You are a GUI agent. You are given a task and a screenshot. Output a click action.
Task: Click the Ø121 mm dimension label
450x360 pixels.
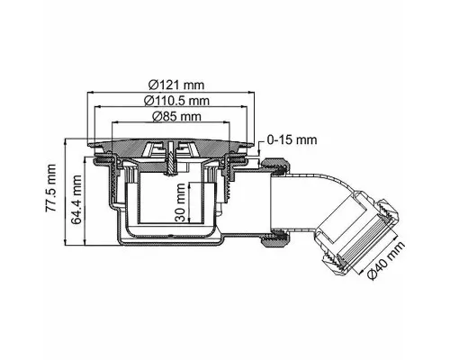point(176,85)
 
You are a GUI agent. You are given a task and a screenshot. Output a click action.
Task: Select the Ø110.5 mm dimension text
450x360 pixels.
point(176,101)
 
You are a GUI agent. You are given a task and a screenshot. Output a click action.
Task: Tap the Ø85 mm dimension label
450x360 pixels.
point(176,116)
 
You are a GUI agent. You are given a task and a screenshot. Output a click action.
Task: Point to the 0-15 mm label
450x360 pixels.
point(292,139)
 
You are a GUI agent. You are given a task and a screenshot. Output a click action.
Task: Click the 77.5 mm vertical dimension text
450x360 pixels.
point(50,188)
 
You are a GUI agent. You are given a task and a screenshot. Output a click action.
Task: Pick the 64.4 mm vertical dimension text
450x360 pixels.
point(76,200)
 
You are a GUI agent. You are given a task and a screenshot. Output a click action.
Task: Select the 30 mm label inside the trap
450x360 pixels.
point(181,202)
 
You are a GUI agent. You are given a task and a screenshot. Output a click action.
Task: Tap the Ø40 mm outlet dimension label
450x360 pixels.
point(385,260)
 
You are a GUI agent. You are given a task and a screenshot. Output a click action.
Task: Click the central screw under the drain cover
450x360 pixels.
point(170,158)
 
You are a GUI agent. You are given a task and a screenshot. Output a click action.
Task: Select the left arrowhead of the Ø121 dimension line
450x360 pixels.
point(90,93)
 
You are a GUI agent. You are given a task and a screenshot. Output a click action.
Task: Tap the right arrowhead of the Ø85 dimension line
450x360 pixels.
point(227,121)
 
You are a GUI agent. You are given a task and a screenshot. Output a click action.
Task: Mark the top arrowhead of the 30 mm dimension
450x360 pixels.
point(190,185)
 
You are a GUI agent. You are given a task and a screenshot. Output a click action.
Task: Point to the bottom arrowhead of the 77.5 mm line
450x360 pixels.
point(65,243)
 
